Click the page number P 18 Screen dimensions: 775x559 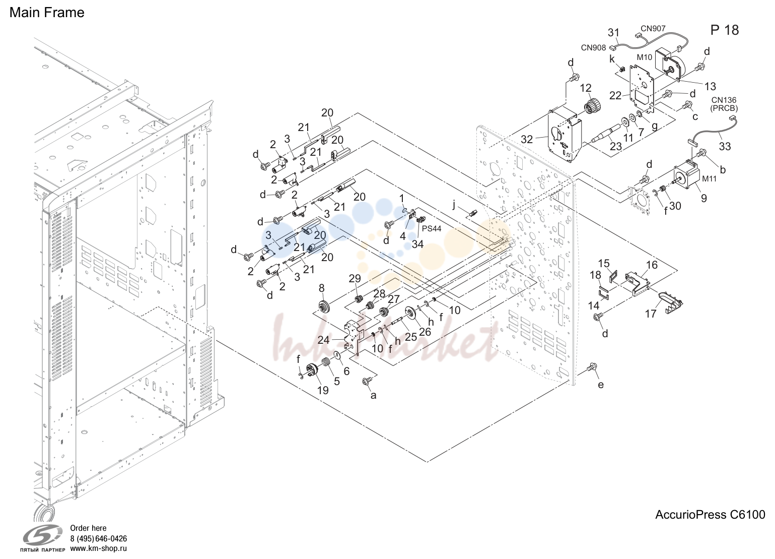point(725,30)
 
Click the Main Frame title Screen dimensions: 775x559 point(47,13)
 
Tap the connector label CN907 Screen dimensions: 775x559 point(653,29)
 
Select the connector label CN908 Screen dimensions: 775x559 point(593,48)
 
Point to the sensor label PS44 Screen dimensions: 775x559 point(432,228)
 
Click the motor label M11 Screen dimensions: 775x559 point(709,179)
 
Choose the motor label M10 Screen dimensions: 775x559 point(644,57)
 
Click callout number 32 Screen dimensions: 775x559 point(527,139)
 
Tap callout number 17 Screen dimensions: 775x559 point(651,314)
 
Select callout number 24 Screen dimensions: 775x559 point(323,340)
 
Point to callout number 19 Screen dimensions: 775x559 point(323,390)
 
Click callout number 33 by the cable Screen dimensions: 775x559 point(725,147)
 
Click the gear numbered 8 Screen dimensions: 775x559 point(324,307)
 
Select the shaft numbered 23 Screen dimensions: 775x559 point(606,133)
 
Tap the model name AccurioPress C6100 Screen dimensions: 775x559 point(710,515)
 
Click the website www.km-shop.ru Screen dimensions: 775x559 point(99,548)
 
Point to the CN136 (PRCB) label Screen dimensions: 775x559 point(724,104)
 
